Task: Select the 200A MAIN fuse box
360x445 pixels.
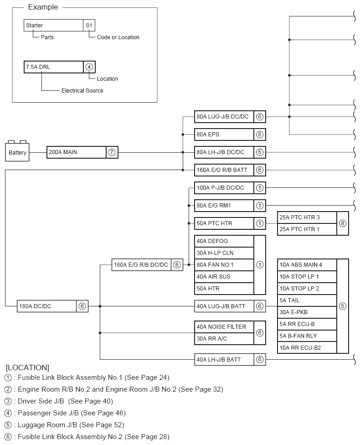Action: tap(76, 152)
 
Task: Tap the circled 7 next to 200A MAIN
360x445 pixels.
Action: tap(112, 152)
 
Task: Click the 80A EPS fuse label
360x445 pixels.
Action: tap(224, 135)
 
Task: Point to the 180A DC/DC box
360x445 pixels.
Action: tap(46, 306)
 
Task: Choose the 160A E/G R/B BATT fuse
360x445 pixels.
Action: tap(224, 170)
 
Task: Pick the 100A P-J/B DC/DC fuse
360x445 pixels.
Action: tap(224, 188)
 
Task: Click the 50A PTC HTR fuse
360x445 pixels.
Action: tap(224, 223)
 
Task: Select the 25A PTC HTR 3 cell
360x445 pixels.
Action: tap(307, 217)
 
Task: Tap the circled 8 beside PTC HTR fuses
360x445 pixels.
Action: tap(343, 223)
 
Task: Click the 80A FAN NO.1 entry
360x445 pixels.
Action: tap(224, 264)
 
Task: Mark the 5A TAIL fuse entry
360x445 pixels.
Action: tap(307, 300)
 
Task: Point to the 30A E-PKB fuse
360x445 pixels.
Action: tap(307, 312)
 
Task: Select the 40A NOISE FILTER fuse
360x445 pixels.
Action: tap(224, 327)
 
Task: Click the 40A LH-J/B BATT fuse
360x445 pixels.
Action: tap(224, 360)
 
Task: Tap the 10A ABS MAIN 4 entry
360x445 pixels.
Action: tap(307, 265)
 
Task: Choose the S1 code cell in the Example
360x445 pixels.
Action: tap(89, 26)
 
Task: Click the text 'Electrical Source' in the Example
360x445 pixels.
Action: tap(82, 91)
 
